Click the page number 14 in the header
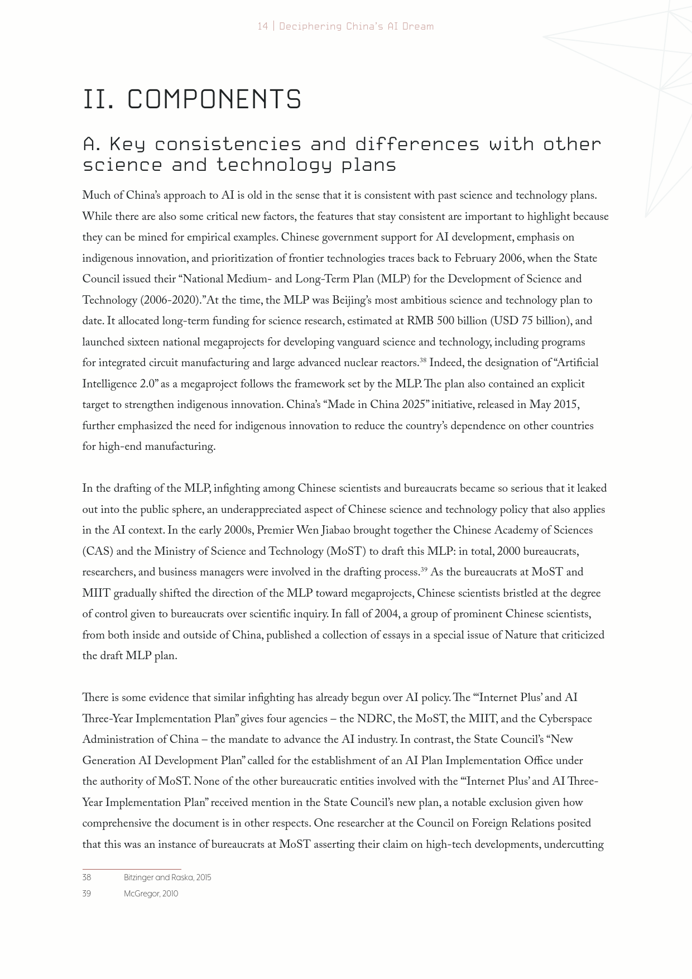pos(262,26)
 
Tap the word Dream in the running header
pos(417,26)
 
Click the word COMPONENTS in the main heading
pos(215,99)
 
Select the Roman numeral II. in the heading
pos(99,99)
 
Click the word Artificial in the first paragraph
pos(576,363)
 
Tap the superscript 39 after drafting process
pos(424,569)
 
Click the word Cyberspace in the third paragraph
pos(565,719)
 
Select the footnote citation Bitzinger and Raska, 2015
pos(167,877)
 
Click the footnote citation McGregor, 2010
pos(151,894)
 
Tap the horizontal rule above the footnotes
pos(132,869)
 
